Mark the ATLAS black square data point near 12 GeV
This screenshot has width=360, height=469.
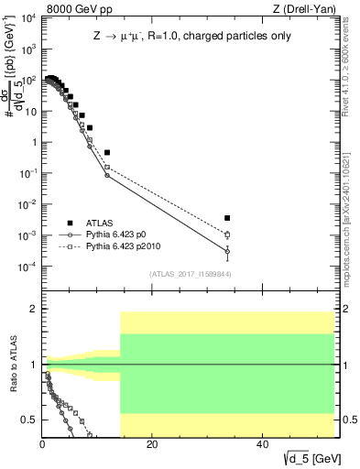(x=107, y=152)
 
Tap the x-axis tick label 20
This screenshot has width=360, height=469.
(x=152, y=445)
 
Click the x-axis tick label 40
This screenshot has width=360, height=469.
(x=262, y=445)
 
